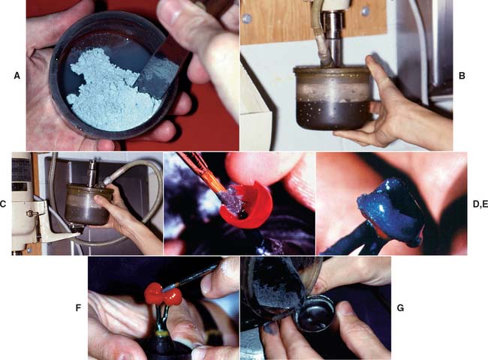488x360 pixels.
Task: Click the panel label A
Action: pyautogui.click(x=17, y=76)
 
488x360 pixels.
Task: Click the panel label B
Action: pyautogui.click(x=462, y=76)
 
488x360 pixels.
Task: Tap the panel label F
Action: pyautogui.click(x=78, y=307)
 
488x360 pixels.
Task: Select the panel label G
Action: pyautogui.click(x=401, y=307)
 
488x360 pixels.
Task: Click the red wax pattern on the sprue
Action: pyautogui.click(x=162, y=294)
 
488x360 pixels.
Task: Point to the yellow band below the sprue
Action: pyautogui.click(x=162, y=334)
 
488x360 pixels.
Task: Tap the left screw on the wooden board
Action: pyautogui.click(x=247, y=19)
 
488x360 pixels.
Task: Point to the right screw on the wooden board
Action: pyautogui.click(x=366, y=12)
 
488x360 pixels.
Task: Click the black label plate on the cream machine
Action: pyautogui.click(x=21, y=170)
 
